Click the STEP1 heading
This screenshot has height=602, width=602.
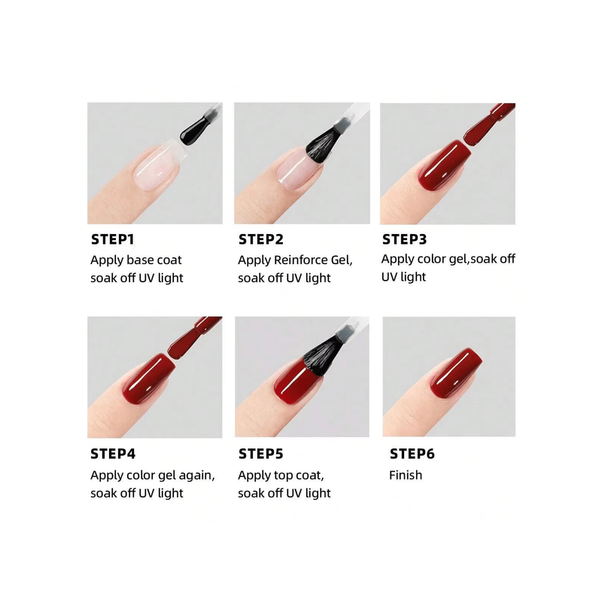pos(112,239)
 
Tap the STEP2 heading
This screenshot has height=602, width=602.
pos(260,239)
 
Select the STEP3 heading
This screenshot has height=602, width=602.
pos(404,239)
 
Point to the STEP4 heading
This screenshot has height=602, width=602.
pos(113,454)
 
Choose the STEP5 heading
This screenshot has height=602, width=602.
pos(260,454)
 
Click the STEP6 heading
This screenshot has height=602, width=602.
pos(412,454)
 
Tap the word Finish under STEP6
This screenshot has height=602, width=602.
pos(406,476)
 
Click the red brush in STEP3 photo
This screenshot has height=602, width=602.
pos(488,125)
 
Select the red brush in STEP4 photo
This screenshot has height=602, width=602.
pos(194,338)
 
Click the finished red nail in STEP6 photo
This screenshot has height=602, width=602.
pos(455,372)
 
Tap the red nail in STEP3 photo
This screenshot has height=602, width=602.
pos(444,166)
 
